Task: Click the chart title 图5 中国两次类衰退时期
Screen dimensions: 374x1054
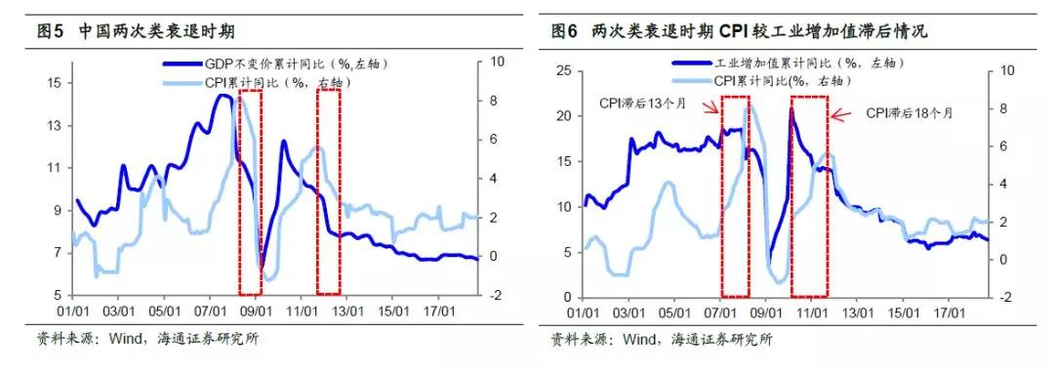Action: [137, 31]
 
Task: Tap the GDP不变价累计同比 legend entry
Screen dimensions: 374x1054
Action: [282, 62]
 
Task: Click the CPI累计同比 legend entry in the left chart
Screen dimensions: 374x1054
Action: [277, 82]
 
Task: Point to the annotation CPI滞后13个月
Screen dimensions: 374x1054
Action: [645, 101]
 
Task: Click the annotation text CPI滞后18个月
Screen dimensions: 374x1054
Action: [908, 113]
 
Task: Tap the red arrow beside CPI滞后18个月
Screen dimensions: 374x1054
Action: [840, 114]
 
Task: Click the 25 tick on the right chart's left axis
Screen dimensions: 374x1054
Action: [564, 71]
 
